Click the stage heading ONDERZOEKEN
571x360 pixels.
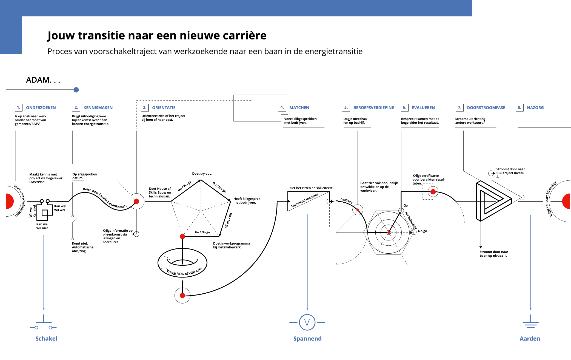tap(41, 108)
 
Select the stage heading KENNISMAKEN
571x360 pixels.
tap(98, 108)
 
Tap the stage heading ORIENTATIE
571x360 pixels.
tap(164, 108)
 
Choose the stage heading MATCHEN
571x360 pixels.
tap(299, 108)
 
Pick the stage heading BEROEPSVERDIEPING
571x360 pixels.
tap(374, 108)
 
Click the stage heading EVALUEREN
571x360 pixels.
tap(423, 108)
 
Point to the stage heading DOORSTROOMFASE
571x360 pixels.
tap(486, 108)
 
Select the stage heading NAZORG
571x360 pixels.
tap(535, 108)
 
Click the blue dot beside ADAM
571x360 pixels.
tap(76, 90)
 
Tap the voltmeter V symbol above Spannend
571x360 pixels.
tap(307, 322)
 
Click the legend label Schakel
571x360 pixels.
tap(46, 339)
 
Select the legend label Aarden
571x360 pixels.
tap(530, 339)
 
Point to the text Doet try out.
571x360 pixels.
tap(202, 174)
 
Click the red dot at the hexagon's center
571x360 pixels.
tap(388, 233)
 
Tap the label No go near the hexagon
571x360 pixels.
tap(422, 231)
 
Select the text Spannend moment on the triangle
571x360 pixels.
tap(304, 200)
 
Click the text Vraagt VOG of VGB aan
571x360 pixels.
tap(184, 272)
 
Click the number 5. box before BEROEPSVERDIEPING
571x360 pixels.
tap(346, 107)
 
